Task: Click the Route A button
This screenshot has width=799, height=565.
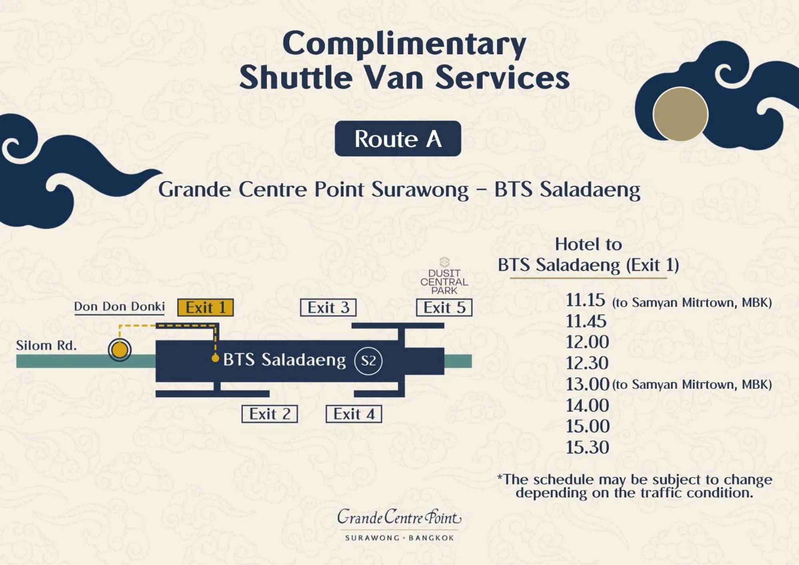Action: click(x=398, y=139)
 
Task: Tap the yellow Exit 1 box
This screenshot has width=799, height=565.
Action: click(x=205, y=308)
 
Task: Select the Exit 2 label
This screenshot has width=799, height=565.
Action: click(x=270, y=414)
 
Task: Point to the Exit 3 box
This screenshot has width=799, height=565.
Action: click(x=328, y=308)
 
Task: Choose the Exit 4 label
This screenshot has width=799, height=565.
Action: click(x=354, y=414)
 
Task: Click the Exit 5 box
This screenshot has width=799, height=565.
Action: click(x=444, y=308)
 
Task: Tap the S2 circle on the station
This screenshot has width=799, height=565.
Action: click(x=368, y=361)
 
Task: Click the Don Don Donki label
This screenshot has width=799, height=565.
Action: click(x=120, y=306)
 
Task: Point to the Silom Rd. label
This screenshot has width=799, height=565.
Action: click(x=46, y=346)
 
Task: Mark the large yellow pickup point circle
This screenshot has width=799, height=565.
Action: click(x=120, y=350)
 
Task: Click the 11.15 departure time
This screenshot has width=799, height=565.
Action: click(x=586, y=300)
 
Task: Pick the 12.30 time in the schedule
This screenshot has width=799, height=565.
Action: click(x=587, y=363)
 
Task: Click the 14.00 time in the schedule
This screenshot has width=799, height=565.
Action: click(x=587, y=406)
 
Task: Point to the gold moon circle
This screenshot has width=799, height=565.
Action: click(x=680, y=114)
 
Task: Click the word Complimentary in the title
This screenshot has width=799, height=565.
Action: click(x=404, y=44)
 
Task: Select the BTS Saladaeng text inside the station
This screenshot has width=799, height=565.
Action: click(x=284, y=360)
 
